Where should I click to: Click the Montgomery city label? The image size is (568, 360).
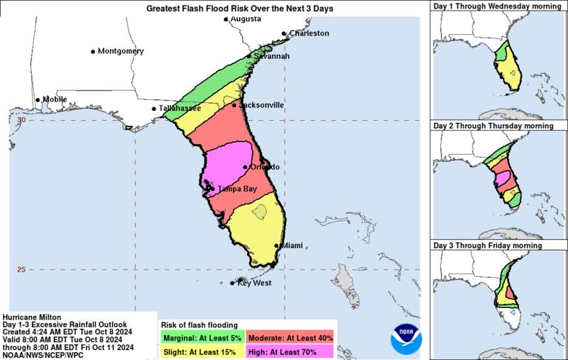(x=121, y=52)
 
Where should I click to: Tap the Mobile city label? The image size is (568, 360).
(x=55, y=99)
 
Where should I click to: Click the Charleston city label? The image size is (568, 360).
(x=308, y=33)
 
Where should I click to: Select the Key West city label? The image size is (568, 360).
(x=254, y=283)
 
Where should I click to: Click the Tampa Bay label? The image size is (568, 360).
(x=238, y=188)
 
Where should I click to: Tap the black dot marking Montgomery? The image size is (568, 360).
(x=93, y=52)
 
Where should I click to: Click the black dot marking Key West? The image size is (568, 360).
(x=232, y=283)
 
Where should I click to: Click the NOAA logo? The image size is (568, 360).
(x=406, y=337)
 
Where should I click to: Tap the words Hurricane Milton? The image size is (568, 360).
(x=33, y=317)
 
